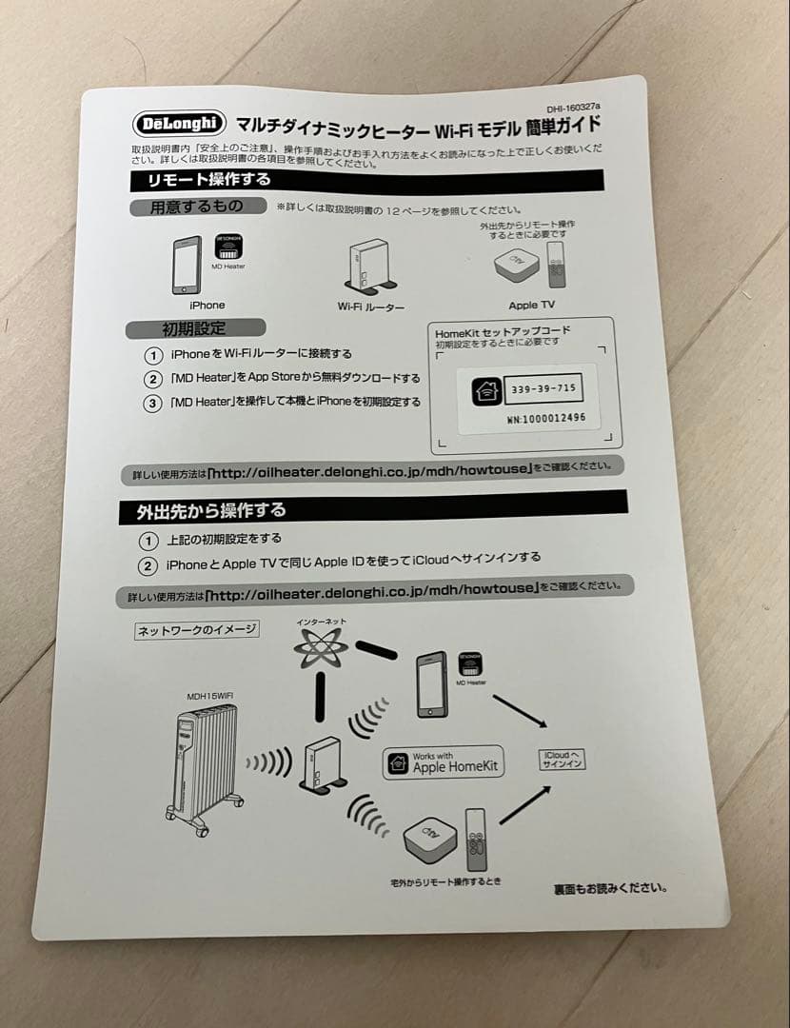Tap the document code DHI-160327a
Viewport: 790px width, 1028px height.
[x=574, y=109]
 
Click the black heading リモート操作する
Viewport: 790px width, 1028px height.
[x=208, y=179]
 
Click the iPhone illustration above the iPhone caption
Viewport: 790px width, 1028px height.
[x=187, y=265]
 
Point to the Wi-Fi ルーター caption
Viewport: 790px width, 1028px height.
[x=371, y=306]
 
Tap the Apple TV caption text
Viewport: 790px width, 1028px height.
[x=531, y=306]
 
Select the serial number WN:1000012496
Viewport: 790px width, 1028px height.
[x=546, y=418]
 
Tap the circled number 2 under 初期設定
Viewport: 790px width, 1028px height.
[x=152, y=379]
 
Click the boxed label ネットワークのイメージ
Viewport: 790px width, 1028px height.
[x=198, y=630]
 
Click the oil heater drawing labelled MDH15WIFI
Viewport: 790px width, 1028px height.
[x=200, y=765]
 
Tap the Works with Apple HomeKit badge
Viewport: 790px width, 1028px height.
[x=444, y=762]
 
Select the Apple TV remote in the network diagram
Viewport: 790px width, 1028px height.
[x=475, y=840]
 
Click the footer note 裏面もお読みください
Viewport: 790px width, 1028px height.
[x=610, y=889]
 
